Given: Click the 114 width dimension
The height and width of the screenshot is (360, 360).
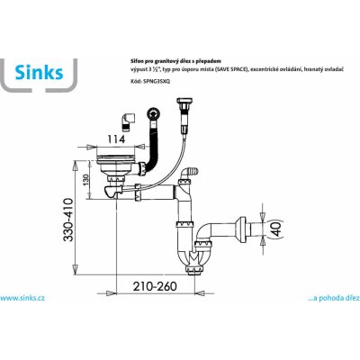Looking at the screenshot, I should pyautogui.click(x=116, y=139).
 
